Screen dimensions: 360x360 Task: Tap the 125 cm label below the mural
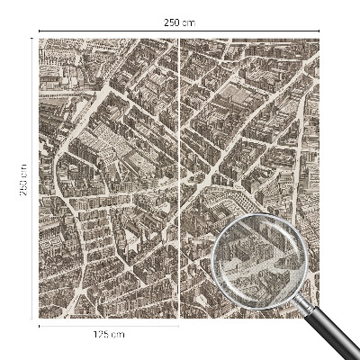[108, 335]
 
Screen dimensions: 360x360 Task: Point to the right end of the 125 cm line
[178, 327]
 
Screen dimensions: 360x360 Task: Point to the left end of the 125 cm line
[40, 327]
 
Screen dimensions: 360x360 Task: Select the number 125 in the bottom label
[102, 335]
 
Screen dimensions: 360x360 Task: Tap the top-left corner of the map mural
[40, 40]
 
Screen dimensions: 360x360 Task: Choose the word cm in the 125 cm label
[118, 335]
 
